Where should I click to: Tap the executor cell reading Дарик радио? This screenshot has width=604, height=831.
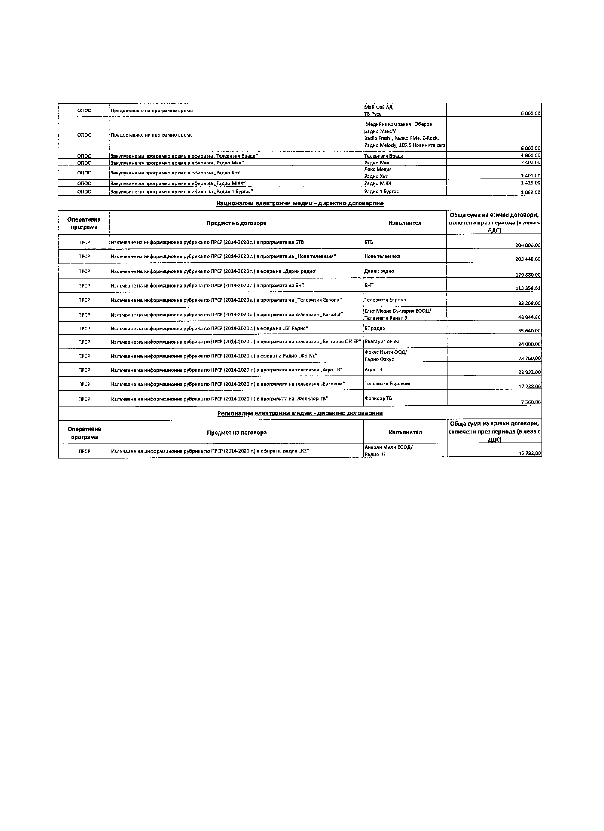[379, 271]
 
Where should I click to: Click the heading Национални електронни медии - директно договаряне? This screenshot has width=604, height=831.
[299, 203]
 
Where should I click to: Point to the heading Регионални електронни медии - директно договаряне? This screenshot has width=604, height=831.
[299, 413]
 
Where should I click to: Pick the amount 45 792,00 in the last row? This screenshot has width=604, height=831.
[529, 453]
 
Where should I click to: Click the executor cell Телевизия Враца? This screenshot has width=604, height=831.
[384, 156]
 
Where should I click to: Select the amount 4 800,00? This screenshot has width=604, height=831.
[530, 155]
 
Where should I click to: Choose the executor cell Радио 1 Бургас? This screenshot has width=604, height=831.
[382, 191]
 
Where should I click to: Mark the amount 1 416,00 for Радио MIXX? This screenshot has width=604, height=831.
[530, 183]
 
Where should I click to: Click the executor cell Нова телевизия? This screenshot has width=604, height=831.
[382, 256]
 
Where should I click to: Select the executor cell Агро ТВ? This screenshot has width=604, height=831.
[373, 370]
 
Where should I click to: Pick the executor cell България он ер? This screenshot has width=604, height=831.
[382, 342]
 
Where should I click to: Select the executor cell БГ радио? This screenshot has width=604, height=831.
[375, 328]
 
